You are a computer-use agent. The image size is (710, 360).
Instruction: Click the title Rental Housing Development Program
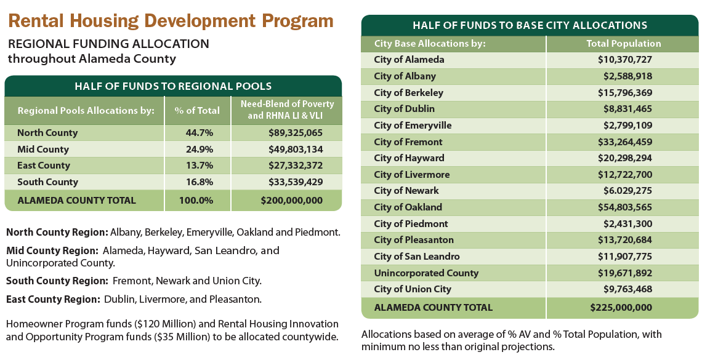pos(171,20)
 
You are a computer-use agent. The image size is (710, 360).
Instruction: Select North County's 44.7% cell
pos(197,133)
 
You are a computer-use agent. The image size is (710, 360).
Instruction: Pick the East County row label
pos(44,166)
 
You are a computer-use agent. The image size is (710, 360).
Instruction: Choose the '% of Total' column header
pos(197,111)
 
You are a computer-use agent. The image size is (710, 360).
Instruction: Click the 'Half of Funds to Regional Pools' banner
pos(173,86)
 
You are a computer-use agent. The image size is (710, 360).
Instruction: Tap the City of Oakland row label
pos(408,207)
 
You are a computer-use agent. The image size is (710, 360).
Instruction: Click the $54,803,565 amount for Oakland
pos(624,207)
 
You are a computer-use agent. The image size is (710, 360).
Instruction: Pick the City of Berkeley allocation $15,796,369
pos(624,93)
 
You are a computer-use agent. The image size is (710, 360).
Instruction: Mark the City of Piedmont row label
pos(411,224)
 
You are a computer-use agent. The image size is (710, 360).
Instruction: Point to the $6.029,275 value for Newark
pos(624,191)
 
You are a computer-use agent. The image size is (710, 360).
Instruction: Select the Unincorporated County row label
pos(426,273)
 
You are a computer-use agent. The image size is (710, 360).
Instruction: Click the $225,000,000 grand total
pos(621,308)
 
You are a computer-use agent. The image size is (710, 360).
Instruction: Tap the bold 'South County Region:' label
pos(57,281)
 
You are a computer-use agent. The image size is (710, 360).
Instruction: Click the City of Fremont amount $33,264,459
pos(624,142)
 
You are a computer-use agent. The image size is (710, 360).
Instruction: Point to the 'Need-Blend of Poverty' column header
pos(287,104)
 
